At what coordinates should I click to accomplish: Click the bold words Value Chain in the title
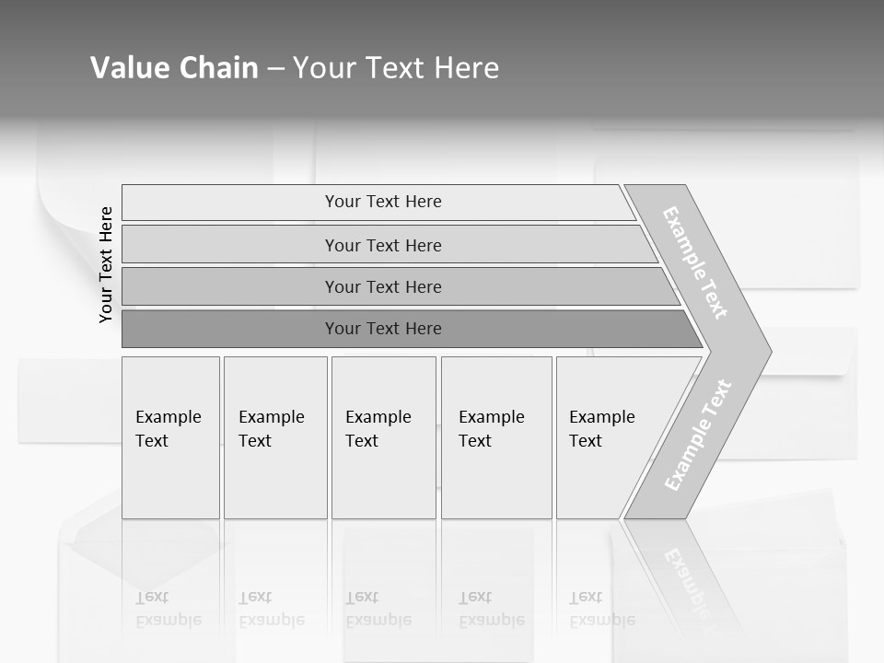click(x=174, y=68)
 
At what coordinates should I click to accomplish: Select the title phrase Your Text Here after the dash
click(x=396, y=68)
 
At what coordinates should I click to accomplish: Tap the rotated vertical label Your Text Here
click(x=106, y=264)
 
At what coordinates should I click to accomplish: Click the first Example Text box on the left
click(x=170, y=437)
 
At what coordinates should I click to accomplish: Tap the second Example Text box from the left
click(x=275, y=437)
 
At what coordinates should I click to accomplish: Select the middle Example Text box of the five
click(x=383, y=437)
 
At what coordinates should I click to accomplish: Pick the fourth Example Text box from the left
click(x=496, y=437)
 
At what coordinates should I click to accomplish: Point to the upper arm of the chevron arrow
click(x=695, y=262)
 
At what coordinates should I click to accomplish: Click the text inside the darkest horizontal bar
click(x=383, y=329)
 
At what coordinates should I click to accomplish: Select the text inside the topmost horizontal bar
click(x=383, y=202)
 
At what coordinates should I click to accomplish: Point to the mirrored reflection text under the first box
click(x=168, y=610)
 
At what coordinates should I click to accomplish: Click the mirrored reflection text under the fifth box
click(x=601, y=610)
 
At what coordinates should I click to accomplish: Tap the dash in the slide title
click(x=275, y=68)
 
